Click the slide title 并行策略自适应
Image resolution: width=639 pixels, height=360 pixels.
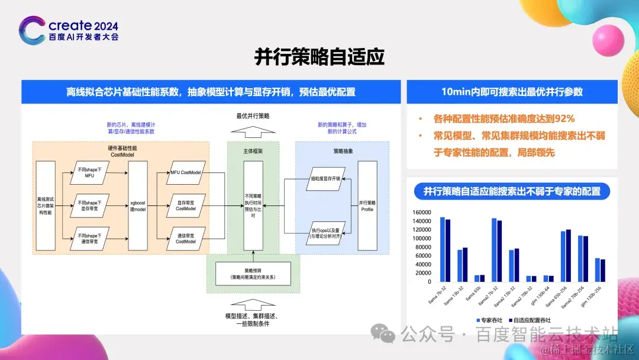pos(319,57)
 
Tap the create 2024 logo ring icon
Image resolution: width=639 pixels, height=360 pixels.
pos(31,30)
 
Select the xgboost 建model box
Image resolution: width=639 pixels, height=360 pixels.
pos(138,207)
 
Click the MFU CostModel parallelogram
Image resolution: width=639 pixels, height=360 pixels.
pos(186,172)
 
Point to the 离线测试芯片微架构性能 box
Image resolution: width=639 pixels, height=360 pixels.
pos(46,207)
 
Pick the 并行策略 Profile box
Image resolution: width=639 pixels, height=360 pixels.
pos(367,206)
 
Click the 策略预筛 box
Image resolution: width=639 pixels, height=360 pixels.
pos(253,274)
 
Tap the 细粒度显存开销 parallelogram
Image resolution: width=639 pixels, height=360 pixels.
pos(320,178)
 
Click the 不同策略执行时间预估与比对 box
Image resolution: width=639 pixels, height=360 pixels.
pos(253,205)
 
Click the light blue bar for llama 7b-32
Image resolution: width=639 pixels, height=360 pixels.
pos(443,249)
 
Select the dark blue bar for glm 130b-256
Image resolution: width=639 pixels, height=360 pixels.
pos(602,270)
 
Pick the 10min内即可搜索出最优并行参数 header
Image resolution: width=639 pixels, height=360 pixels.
pos(512,92)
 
